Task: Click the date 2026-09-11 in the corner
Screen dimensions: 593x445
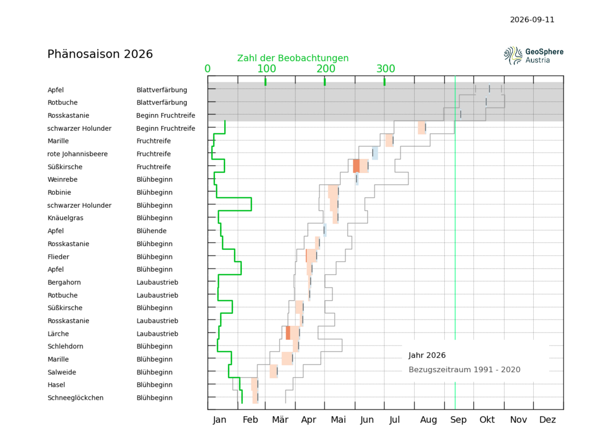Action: click(x=532, y=20)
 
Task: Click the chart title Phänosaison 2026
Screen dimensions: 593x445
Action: click(x=100, y=54)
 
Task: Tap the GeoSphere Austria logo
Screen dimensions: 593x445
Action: click(x=533, y=56)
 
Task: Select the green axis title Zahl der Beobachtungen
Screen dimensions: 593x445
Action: click(x=293, y=58)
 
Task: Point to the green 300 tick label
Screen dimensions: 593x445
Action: click(x=385, y=69)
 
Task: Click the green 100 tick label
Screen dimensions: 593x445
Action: click(x=267, y=69)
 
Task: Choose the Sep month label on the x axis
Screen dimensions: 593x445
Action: click(x=458, y=419)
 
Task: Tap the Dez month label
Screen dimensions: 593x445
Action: click(x=548, y=419)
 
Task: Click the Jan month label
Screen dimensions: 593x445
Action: click(x=220, y=419)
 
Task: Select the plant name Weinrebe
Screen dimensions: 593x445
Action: click(x=62, y=180)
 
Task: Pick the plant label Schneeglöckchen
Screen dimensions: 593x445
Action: click(x=75, y=398)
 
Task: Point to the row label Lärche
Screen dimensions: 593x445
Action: click(x=58, y=334)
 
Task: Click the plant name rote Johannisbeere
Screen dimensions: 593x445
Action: click(x=78, y=154)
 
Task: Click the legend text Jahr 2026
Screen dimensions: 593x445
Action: click(x=427, y=355)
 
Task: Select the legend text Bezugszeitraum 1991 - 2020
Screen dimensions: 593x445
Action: click(x=465, y=370)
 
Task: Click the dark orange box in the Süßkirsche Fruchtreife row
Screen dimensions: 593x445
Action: click(x=356, y=166)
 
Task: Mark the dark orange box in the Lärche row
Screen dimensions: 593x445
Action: click(x=288, y=333)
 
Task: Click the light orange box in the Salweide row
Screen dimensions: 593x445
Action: click(x=274, y=371)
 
